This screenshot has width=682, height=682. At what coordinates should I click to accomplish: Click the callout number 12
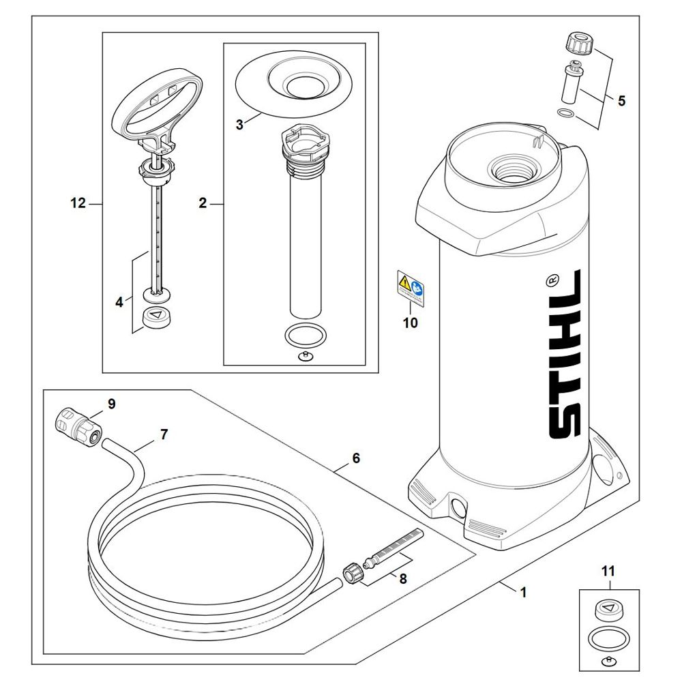[x=78, y=203]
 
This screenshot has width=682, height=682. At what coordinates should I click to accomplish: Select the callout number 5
[x=621, y=102]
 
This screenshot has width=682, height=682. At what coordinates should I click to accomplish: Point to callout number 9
[x=111, y=404]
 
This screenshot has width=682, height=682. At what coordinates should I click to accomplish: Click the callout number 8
[x=402, y=579]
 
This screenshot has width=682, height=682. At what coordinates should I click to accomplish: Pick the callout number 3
[x=239, y=125]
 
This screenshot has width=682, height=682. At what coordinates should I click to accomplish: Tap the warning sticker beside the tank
[x=409, y=285]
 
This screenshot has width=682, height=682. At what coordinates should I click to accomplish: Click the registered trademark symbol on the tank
[x=553, y=280]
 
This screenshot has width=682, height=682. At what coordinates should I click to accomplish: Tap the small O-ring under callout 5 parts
[x=565, y=113]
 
